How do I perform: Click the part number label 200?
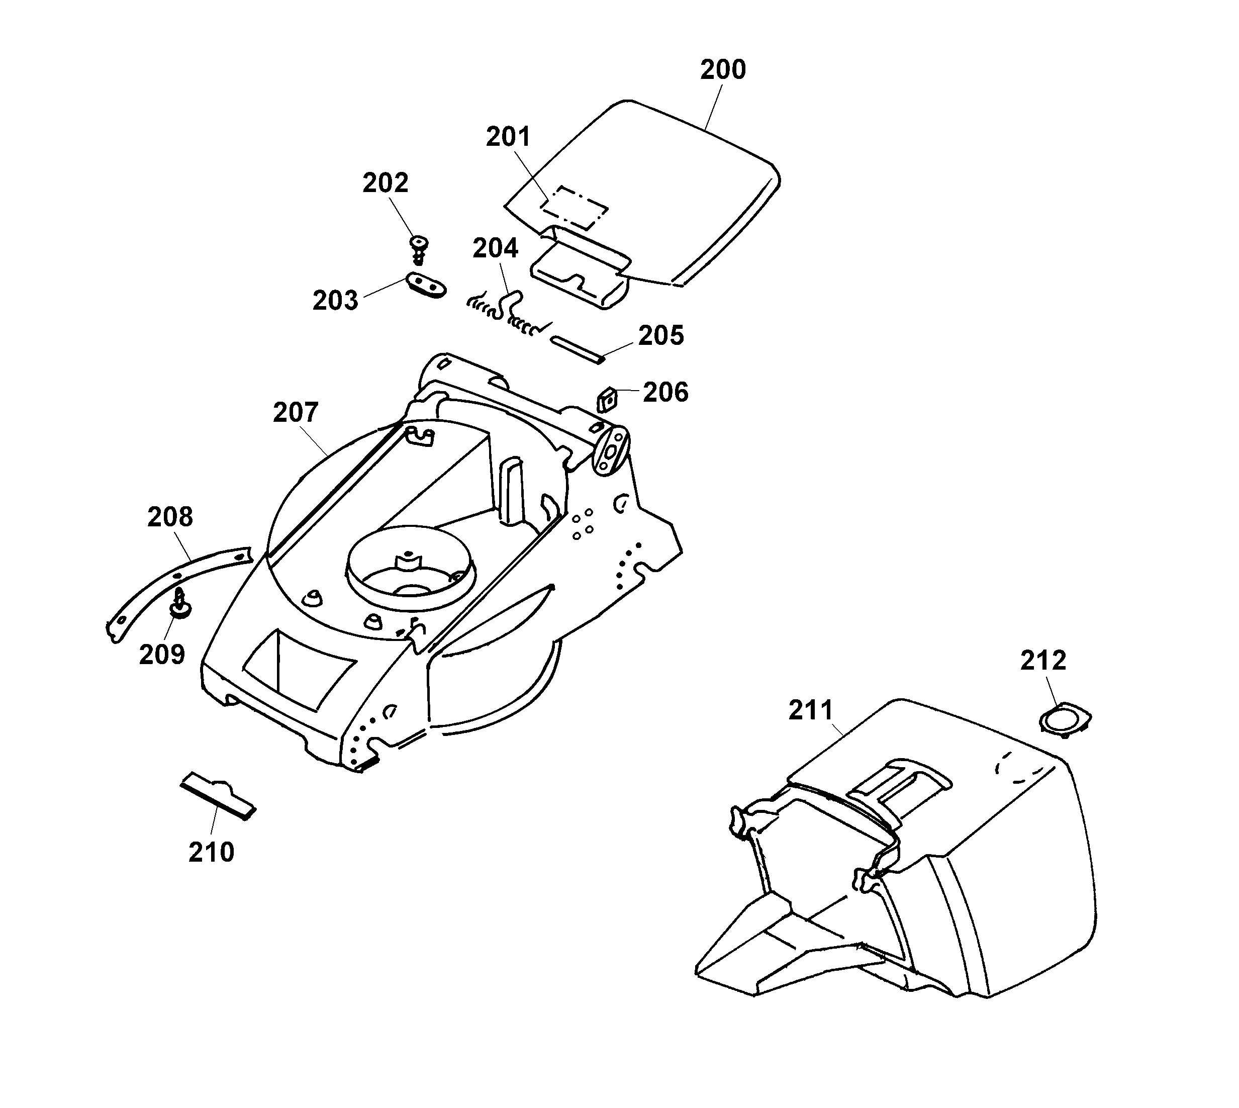[x=722, y=70]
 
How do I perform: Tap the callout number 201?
[x=508, y=137]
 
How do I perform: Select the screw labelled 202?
[x=419, y=248]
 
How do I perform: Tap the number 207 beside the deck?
[x=295, y=413]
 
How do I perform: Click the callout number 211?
[x=811, y=710]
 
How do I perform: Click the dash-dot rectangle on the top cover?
[x=575, y=207]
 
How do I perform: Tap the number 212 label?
[x=1043, y=661]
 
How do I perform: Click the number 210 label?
[x=211, y=852]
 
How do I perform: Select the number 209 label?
[x=162, y=655]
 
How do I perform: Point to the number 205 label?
[x=661, y=335]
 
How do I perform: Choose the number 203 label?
[x=335, y=301]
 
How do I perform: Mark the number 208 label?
[x=170, y=517]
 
